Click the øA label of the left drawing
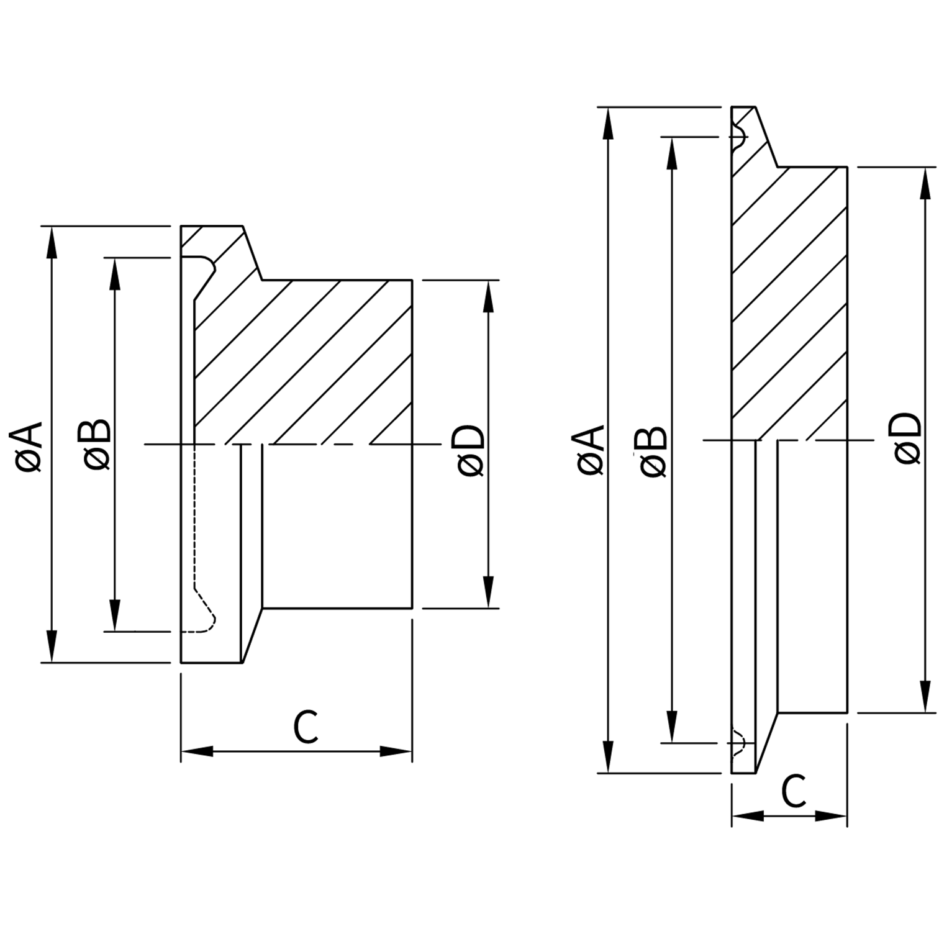pyautogui.click(x=30, y=447)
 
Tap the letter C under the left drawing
pyautogui.click(x=306, y=727)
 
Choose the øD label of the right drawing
pyautogui.click(x=908, y=438)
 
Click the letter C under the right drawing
pyautogui.click(x=793, y=791)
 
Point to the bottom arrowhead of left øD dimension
pyautogui.click(x=489, y=592)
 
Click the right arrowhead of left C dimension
pyautogui.click(x=396, y=751)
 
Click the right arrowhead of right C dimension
pyautogui.click(x=832, y=815)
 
